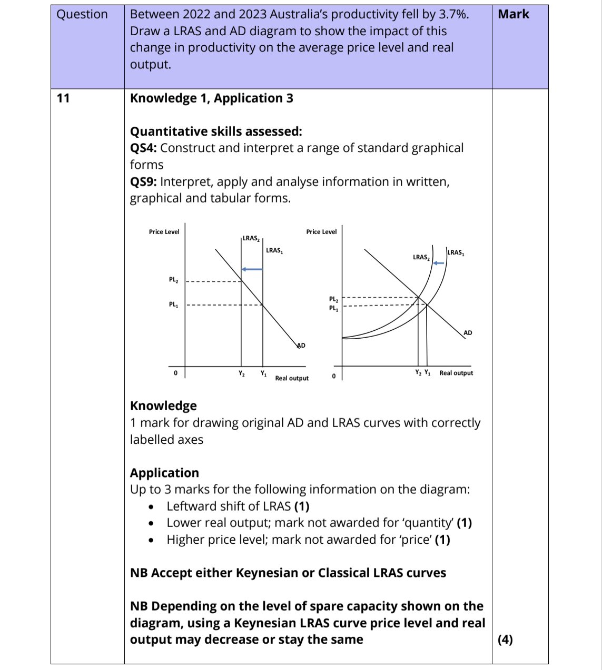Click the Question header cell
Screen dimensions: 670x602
pos(82,14)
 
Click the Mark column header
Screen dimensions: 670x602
pos(513,14)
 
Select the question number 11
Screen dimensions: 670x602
pos(63,98)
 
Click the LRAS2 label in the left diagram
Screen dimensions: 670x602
pos(251,238)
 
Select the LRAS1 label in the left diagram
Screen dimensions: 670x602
pos(274,250)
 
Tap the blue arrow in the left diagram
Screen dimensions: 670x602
pos(252,269)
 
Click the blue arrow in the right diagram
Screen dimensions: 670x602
pos(439,263)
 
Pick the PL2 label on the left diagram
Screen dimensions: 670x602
pos(173,280)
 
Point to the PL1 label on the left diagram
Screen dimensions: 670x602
pos(173,304)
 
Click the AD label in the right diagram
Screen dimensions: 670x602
pos(468,333)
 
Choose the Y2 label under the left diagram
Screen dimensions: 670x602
pos(241,374)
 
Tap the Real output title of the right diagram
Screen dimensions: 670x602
pos(456,373)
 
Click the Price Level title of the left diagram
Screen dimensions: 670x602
pos(164,232)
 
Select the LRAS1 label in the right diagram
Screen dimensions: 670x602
pos(456,252)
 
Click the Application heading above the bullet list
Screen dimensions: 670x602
pos(164,472)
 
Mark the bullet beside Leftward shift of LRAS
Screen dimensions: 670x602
pos(151,507)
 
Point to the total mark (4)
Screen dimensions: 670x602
pos(505,639)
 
